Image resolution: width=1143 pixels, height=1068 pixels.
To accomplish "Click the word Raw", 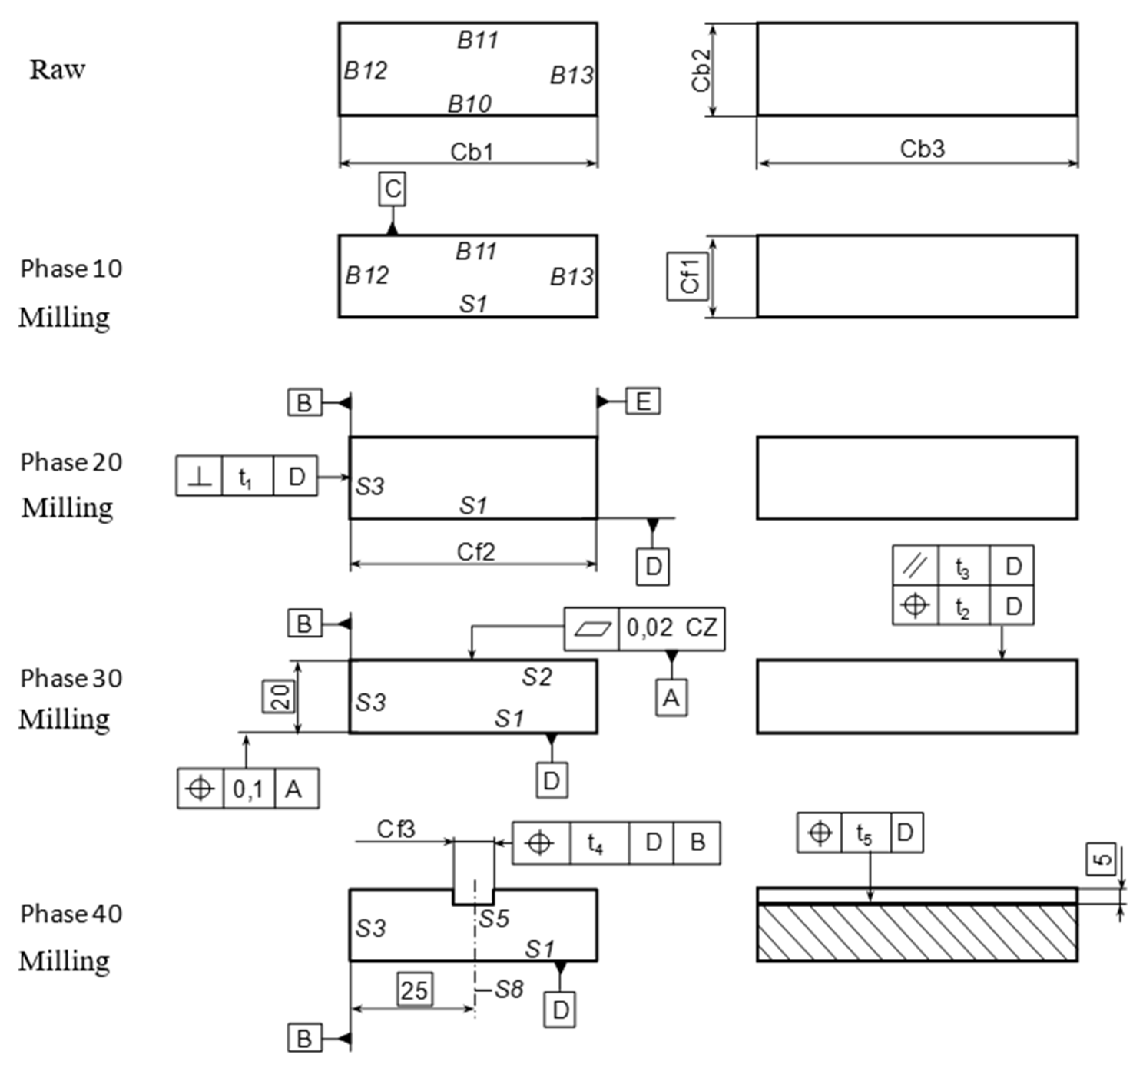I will point(58,70).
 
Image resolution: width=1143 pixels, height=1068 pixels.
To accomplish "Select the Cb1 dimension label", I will point(472,152).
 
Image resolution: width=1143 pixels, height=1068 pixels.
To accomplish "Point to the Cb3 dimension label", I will point(922,149).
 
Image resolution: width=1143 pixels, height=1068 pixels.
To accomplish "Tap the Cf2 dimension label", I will point(475,552).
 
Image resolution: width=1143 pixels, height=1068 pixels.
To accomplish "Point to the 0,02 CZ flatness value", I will point(671,628).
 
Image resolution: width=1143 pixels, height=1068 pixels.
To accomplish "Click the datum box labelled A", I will point(671,698).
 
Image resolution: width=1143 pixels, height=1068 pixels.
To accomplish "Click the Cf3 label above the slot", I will point(396,829).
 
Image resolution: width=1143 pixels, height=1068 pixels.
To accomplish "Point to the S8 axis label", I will point(508,990).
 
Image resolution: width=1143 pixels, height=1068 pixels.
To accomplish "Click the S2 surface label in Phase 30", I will point(537,677).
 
